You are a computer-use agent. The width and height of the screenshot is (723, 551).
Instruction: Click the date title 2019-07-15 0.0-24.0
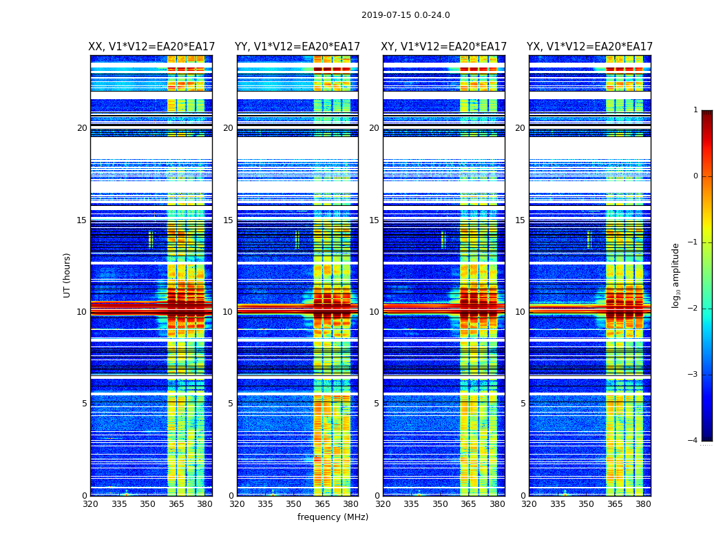406,15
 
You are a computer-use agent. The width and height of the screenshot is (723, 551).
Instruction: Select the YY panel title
297,47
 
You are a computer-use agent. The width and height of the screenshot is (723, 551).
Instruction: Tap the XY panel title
444,47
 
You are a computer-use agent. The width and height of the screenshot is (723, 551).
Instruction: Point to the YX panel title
590,47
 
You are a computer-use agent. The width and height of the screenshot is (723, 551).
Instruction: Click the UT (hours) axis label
67,275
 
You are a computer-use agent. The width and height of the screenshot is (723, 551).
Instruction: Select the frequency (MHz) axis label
333,517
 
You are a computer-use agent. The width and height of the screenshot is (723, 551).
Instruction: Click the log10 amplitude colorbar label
676,275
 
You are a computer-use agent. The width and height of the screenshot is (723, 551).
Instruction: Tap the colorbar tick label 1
695,110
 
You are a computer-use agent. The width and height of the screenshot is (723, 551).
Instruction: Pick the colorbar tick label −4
693,441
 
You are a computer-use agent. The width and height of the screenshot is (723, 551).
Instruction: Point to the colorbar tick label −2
693,309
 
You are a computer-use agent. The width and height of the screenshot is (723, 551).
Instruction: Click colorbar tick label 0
695,176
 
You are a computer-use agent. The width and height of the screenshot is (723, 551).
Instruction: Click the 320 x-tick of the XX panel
90,504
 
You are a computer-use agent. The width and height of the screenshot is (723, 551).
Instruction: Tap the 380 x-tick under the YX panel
643,504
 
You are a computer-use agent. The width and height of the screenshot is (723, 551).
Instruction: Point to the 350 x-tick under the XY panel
440,504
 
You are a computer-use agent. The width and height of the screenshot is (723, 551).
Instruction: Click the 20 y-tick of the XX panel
82,128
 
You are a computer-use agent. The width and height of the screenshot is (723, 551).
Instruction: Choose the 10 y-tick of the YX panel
521,312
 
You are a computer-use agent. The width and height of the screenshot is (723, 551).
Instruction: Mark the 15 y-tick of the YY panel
228,220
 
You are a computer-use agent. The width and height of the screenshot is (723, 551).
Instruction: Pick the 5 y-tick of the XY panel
377,404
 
